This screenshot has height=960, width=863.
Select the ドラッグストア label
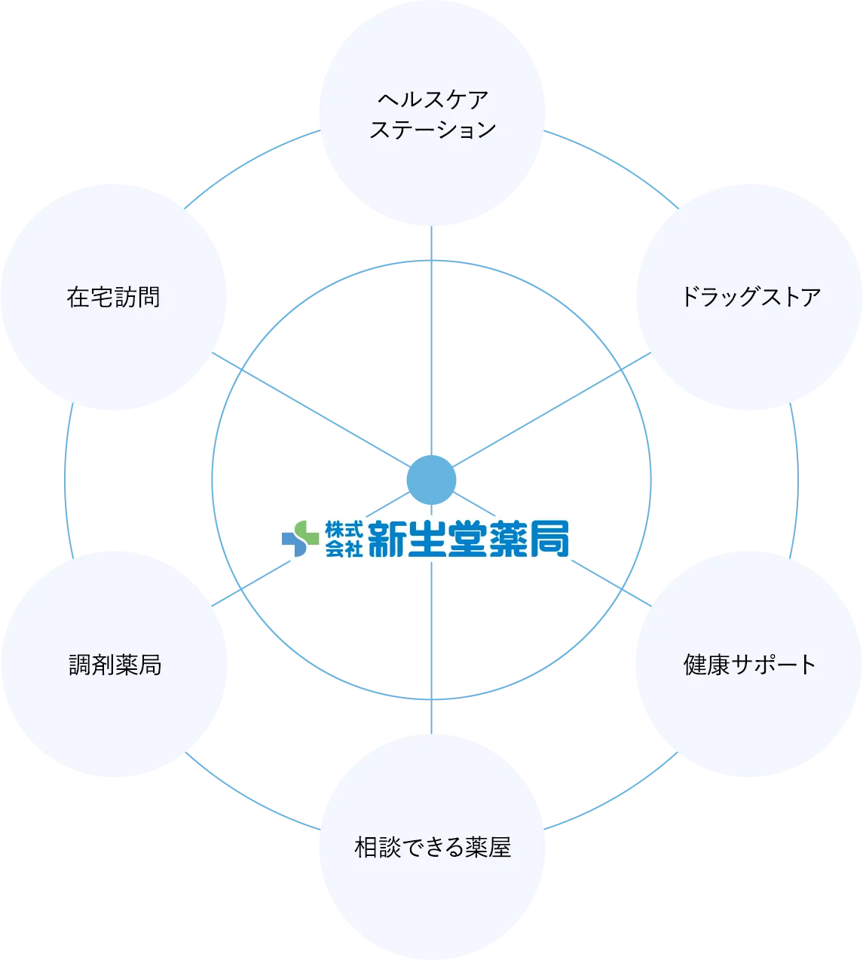(749, 297)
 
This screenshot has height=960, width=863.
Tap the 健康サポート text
(749, 665)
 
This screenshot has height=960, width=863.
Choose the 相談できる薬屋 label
(432, 848)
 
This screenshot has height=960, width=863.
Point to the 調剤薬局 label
(115, 665)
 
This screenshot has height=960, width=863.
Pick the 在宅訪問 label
(114, 298)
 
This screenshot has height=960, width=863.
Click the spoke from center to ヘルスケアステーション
(430, 339)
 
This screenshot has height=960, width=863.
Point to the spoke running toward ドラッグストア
(550, 414)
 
